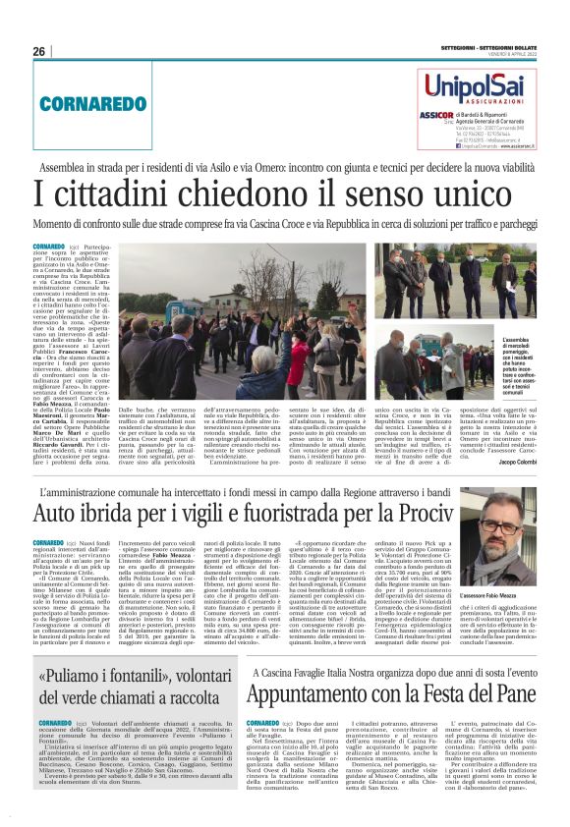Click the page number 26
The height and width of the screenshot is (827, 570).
coord(39,51)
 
